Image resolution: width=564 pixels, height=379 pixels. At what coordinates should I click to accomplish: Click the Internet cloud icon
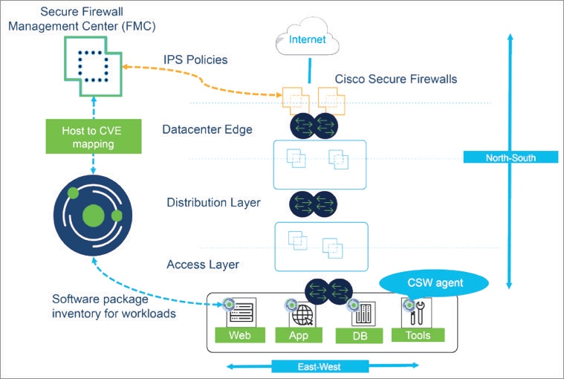click(x=306, y=39)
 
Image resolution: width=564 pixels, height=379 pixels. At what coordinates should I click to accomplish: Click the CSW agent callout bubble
click(x=434, y=282)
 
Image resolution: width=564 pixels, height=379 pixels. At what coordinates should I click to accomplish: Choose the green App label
click(x=297, y=335)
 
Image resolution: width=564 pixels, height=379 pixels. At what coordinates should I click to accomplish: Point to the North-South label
click(x=510, y=157)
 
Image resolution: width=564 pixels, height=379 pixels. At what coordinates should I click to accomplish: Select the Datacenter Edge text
click(x=207, y=129)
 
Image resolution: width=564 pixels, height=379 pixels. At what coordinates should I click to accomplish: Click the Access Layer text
click(x=202, y=264)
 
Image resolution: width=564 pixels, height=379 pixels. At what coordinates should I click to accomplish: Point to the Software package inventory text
click(x=114, y=306)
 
